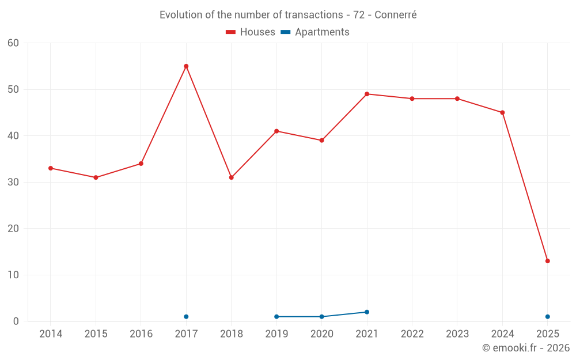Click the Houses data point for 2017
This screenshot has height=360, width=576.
186,66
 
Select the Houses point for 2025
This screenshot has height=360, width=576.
547,261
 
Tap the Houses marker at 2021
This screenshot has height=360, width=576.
367,94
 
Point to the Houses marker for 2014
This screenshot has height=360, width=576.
51,168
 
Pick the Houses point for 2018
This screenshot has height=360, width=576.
231,177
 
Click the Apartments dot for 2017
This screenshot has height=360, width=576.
186,317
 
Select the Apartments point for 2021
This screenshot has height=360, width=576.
367,312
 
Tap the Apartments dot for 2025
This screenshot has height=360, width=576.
547,317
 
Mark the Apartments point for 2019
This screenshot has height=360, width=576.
276,317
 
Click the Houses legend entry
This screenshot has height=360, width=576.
251,32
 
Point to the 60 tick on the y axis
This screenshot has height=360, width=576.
13,43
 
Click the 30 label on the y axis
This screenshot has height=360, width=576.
13,182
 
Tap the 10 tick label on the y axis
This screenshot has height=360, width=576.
13,275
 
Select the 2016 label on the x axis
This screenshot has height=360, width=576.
141,334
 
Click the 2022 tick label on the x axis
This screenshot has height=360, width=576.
412,334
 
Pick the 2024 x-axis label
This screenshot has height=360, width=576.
502,334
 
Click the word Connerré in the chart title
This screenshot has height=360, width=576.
395,15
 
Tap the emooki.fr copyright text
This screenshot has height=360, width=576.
526,348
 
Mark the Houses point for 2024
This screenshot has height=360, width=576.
502,112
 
